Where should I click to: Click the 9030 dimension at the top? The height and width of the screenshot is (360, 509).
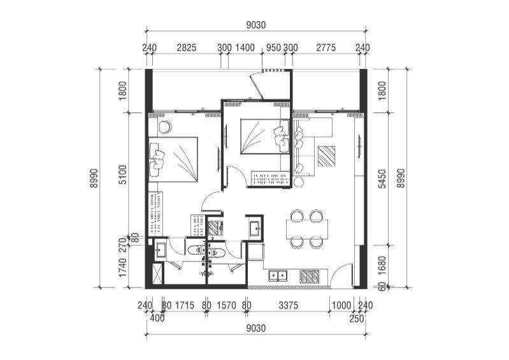256,25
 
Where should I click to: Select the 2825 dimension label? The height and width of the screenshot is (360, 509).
187,48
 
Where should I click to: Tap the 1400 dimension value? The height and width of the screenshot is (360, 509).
245,48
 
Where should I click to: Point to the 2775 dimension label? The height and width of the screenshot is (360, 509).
326,48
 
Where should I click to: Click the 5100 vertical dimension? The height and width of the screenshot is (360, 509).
123,175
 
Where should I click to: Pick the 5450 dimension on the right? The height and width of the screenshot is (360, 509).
383,178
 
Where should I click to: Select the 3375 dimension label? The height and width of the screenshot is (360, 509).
288,305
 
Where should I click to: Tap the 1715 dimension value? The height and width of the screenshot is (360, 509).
185,305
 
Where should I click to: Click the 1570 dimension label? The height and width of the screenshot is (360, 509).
226,305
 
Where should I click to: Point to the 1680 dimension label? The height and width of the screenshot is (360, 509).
383,266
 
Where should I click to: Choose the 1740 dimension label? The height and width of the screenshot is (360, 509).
123,268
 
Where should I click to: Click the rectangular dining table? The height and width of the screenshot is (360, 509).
307,229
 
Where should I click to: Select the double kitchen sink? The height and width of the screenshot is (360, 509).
278,276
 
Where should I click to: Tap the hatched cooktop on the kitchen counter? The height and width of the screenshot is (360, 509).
310,277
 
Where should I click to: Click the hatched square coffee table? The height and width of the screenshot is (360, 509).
326,156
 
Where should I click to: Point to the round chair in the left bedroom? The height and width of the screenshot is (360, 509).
165,127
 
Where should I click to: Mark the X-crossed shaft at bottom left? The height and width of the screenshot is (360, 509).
158,275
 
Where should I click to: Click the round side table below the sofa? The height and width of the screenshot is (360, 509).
298,182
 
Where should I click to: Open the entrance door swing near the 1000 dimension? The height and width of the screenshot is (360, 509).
341,276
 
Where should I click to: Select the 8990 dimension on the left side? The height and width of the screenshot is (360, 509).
94,178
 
